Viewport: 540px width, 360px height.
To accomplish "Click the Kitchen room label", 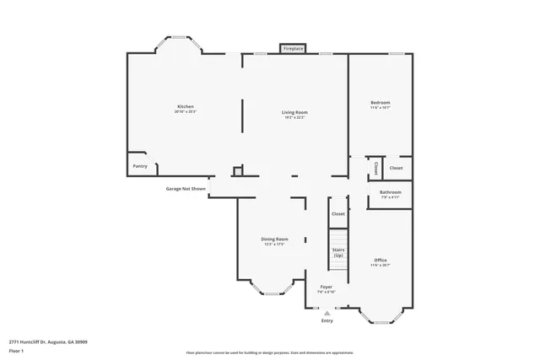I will tap(185, 106).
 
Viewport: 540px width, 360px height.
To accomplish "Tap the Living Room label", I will tap(294, 112).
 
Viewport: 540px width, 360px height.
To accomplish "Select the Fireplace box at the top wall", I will tap(293, 49).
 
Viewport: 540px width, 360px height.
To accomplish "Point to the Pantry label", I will tap(139, 166).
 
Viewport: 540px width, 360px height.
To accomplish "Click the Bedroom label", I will tap(380, 103).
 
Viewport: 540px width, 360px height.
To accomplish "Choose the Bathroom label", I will tap(390, 192).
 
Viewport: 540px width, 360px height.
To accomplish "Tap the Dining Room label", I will tap(274, 239).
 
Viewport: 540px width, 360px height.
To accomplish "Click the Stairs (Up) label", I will tap(337, 252).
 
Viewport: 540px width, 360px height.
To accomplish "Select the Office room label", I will tap(381, 260).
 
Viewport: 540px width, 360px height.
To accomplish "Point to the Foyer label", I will tap(327, 287).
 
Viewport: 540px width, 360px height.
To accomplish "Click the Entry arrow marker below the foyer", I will tap(327, 312).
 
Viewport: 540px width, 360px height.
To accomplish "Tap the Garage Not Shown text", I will tap(186, 189).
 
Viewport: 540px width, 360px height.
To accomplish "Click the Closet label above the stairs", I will tap(338, 214).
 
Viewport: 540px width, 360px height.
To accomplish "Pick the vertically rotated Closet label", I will tap(375, 168).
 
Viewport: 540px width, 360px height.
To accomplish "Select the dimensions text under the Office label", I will tap(381, 265).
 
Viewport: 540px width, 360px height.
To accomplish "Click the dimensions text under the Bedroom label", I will tap(380, 108).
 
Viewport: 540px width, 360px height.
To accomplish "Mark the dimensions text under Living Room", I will tap(294, 117).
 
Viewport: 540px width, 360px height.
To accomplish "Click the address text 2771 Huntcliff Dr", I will tap(48, 341).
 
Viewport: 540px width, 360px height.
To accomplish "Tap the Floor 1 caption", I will tap(16, 350).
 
